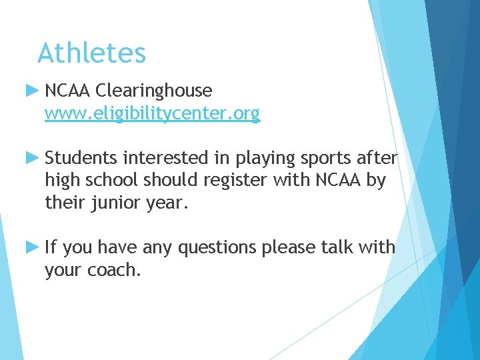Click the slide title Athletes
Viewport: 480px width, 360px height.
click(x=91, y=53)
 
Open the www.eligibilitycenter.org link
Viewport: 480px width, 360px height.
click(x=152, y=114)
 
